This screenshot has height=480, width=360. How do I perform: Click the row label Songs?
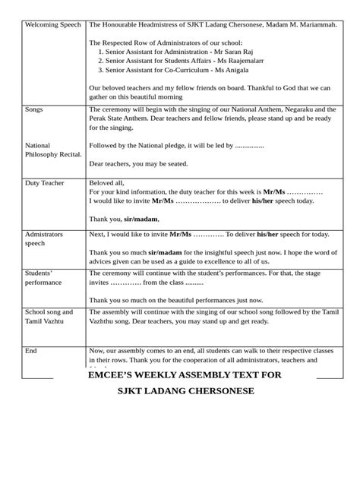click(35, 109)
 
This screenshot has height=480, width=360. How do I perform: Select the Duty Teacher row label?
click(45, 183)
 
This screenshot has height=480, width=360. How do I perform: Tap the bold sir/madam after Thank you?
click(141, 219)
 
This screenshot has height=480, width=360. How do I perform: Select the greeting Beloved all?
click(106, 183)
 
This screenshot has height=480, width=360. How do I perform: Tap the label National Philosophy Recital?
click(53, 150)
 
